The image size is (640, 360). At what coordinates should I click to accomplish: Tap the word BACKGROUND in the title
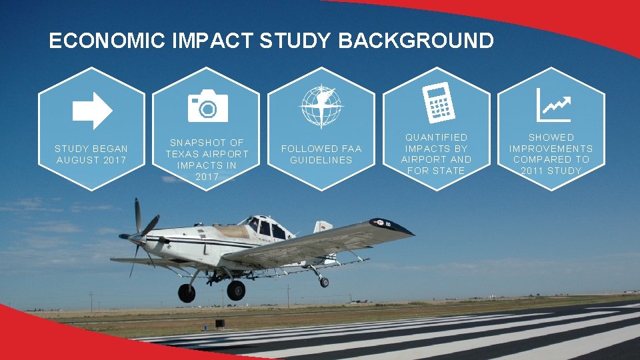click(x=416, y=41)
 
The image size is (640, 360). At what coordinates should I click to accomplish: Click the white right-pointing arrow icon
click(x=92, y=110)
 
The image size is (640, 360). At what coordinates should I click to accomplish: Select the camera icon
click(x=207, y=106)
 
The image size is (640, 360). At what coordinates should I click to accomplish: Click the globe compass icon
click(x=321, y=106)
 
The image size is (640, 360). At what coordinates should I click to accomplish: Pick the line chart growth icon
click(x=553, y=105)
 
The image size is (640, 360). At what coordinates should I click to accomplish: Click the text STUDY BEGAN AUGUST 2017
click(x=91, y=154)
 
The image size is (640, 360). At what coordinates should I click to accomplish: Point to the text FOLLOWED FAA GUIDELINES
click(x=321, y=154)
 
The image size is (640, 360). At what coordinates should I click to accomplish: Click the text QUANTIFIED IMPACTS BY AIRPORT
click(x=436, y=154)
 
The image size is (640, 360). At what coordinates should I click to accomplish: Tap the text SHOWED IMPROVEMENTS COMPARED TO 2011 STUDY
click(x=551, y=154)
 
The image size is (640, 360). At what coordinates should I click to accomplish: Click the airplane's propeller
click(x=139, y=235)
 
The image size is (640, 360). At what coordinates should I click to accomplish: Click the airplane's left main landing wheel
click(x=187, y=293)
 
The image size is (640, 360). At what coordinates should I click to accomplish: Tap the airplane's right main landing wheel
click(x=235, y=290)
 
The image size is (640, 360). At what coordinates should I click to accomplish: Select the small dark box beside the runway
click(x=219, y=324)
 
